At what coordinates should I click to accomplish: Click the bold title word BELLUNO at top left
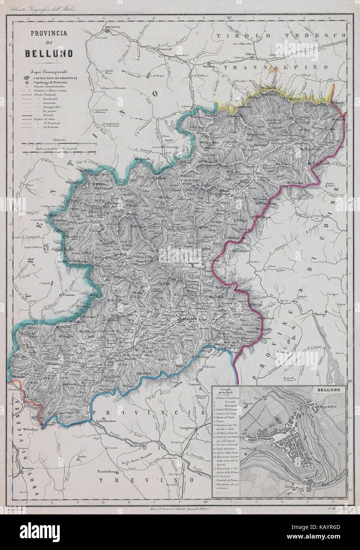[49, 53]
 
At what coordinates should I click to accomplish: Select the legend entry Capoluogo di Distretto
[48, 82]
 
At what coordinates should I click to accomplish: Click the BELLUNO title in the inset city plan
[327, 389]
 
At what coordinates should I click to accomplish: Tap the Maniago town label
[320, 313]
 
